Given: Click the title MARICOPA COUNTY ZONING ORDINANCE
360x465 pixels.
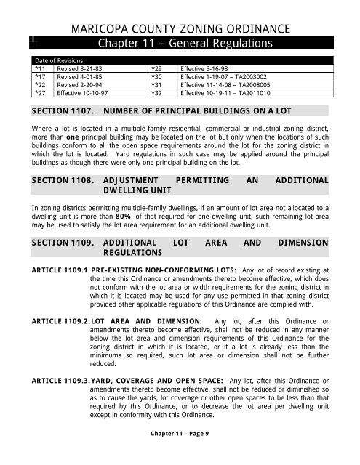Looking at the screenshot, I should point(180,28).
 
